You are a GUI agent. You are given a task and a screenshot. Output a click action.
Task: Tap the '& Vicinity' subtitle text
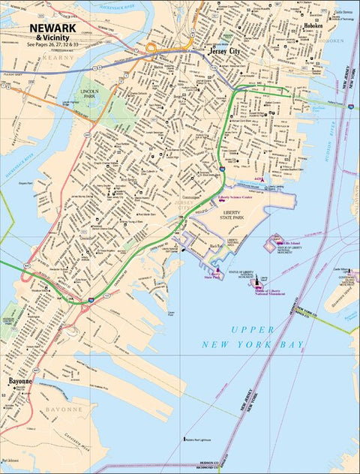coord(52,37)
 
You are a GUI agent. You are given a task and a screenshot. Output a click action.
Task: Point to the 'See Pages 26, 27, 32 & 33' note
coord(52,44)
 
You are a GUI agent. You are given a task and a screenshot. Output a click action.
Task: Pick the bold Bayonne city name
coord(20,381)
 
